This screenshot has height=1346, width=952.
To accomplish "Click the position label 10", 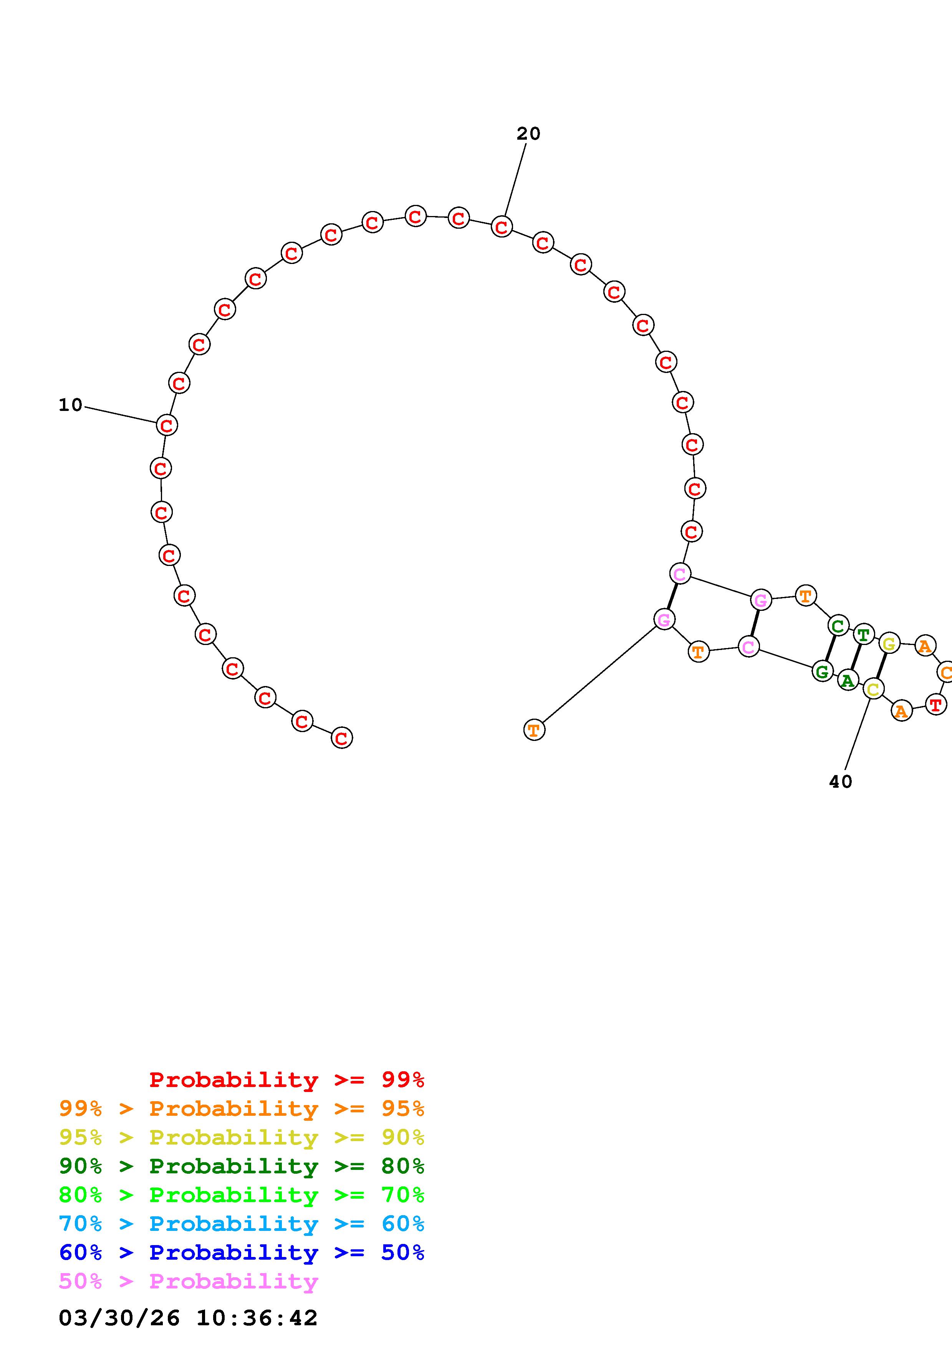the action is click(70, 405).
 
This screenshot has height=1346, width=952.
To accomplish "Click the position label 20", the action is click(528, 134).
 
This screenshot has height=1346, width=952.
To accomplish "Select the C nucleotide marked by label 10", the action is click(167, 425).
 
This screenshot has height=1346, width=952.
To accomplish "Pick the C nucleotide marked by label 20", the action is click(502, 226).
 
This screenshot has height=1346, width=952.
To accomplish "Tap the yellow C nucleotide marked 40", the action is click(873, 689).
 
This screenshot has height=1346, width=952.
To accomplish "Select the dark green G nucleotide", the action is click(822, 671).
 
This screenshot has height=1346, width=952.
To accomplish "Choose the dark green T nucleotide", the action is click(863, 634).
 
